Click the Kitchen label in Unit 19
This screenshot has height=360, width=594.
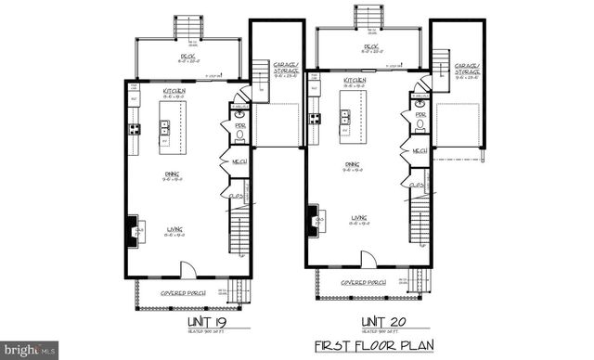click(174, 90)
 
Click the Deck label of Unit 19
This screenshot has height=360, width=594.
click(187, 57)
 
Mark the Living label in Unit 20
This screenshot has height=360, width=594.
click(357, 218)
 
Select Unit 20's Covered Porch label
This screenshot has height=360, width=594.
click(363, 281)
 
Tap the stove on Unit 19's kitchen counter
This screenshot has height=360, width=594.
click(135, 129)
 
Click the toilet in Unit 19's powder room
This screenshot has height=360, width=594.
click(239, 135)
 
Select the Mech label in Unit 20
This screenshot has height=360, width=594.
click(419, 150)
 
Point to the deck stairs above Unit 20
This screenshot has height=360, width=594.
click(363, 17)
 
